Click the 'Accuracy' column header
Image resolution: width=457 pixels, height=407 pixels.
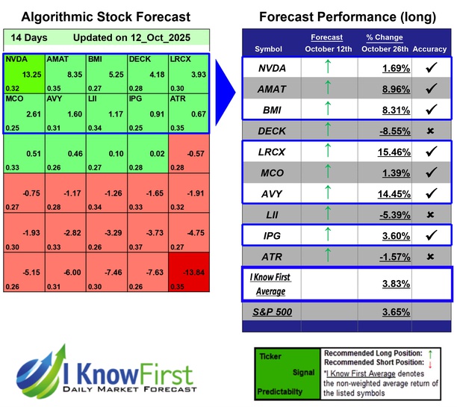tap(429, 49)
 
